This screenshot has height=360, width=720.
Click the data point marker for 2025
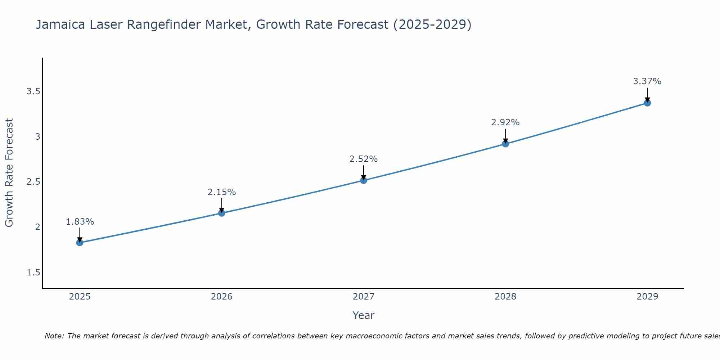[x=80, y=243]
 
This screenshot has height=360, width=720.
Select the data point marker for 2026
[x=221, y=213]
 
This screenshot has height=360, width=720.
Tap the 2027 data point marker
[x=364, y=180]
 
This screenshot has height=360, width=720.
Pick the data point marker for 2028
[x=505, y=144]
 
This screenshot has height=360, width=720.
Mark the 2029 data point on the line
[x=647, y=103]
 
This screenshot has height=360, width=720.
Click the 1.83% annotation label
[x=80, y=222]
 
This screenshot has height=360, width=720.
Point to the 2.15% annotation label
[x=221, y=192]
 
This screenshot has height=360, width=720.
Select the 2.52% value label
[x=364, y=159]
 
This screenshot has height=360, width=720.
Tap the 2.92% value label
[x=505, y=122]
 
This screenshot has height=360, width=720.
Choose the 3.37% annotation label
[x=647, y=81]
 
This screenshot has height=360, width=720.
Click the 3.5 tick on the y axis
[x=33, y=91]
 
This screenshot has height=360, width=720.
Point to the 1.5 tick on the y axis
[x=33, y=273]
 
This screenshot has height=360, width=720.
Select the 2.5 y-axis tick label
[x=33, y=182]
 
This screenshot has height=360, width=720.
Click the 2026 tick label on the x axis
[x=221, y=297]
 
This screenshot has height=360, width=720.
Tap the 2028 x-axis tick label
[x=505, y=297]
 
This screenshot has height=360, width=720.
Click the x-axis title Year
[x=364, y=315]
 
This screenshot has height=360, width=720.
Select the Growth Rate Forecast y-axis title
[x=9, y=173]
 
